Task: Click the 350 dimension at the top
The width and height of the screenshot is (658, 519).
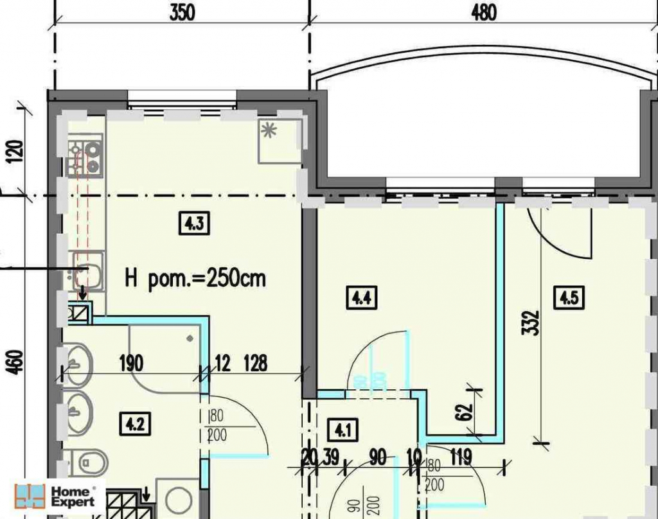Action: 182,13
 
